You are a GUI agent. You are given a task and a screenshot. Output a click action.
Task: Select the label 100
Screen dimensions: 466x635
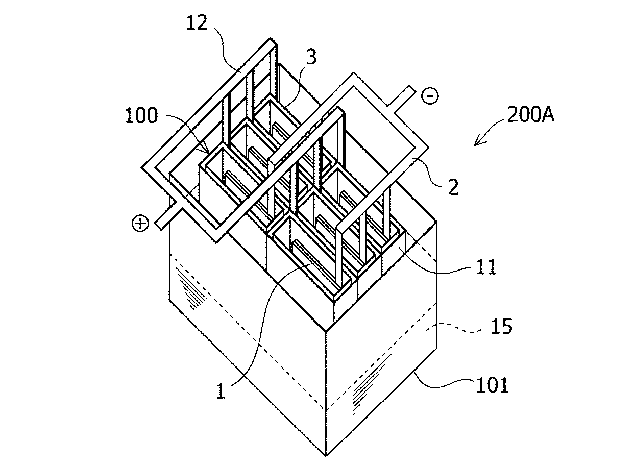point(141,116)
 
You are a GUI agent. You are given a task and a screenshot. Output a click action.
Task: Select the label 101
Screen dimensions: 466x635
point(493,384)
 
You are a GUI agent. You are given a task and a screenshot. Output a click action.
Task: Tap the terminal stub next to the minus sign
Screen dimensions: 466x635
point(403,98)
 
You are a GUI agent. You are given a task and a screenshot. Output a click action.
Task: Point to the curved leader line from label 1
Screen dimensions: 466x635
point(260,332)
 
